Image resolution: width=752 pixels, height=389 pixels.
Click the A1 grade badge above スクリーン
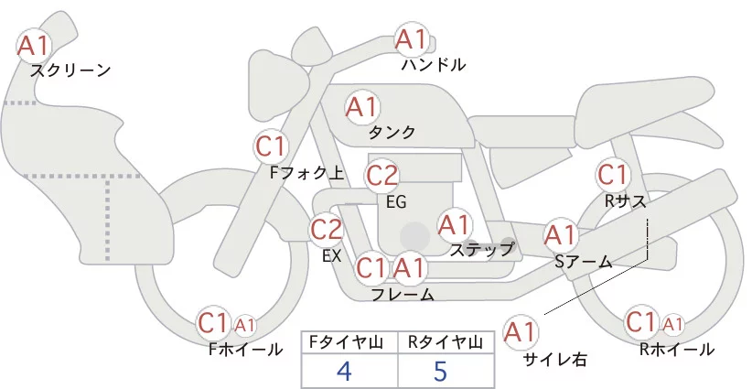35,45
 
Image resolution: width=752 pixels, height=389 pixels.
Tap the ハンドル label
434,65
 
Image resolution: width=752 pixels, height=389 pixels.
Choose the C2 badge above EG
381,175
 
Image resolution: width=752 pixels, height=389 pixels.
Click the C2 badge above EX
327,229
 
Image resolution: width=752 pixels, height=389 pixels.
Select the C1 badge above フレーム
371,269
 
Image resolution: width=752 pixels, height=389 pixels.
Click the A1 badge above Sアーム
560,234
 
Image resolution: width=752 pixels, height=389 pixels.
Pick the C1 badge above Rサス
611,173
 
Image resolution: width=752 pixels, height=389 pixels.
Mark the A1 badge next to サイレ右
521,331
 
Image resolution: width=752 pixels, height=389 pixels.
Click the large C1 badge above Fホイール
213,322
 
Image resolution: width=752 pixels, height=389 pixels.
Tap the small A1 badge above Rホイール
672,324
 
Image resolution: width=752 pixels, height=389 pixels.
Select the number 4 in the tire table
344,371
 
